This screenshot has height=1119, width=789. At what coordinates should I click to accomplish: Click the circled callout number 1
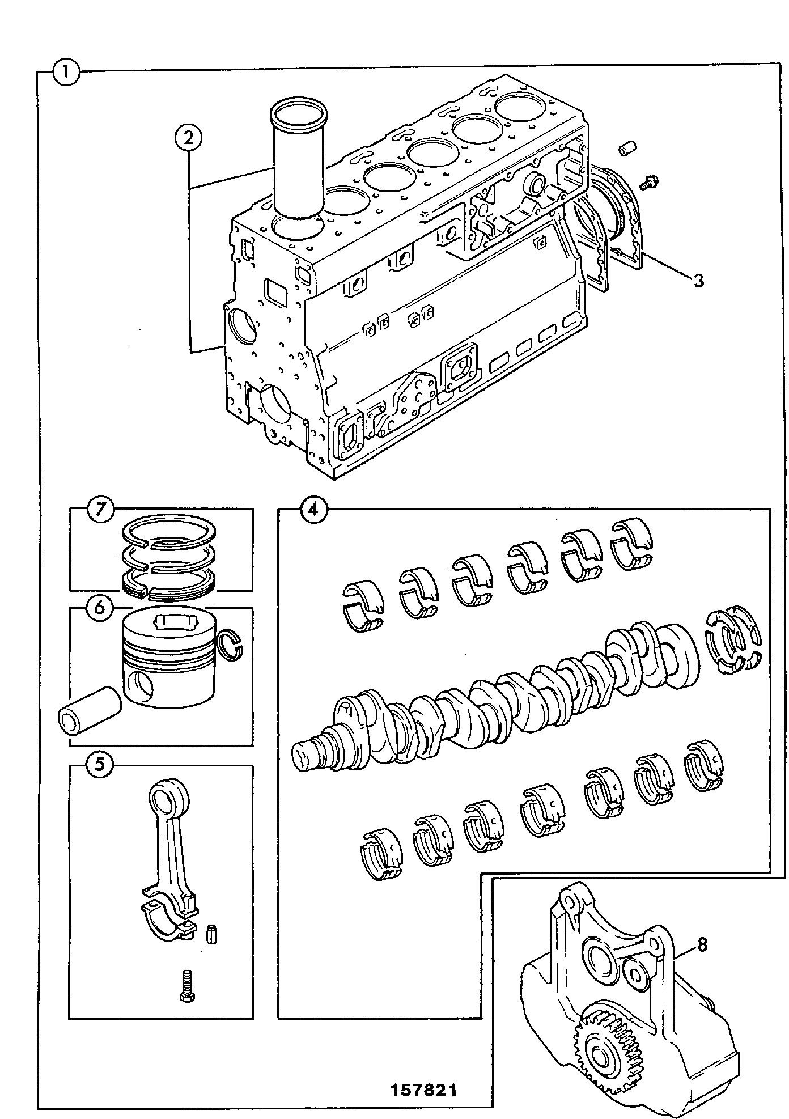(67, 73)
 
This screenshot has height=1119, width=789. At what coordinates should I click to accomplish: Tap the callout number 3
(698, 279)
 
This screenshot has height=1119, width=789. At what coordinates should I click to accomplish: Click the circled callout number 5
(99, 765)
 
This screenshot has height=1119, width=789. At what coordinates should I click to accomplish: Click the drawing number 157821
(423, 1091)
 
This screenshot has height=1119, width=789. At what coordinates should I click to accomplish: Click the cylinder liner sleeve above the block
(299, 161)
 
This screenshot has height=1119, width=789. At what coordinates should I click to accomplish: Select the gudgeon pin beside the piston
(90, 710)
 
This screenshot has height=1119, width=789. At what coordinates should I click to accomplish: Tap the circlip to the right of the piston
(231, 645)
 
